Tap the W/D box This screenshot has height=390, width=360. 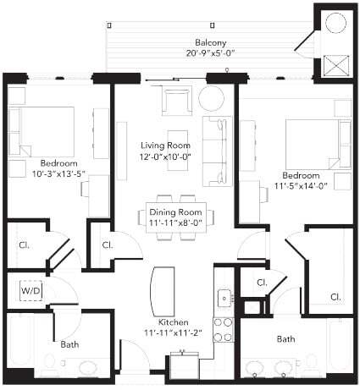coord(30,293)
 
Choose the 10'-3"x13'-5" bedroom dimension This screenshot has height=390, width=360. coord(47,174)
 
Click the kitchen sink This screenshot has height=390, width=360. coord(224,298)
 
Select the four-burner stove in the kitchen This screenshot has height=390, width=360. coord(224,330)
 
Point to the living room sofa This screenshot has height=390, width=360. coord(216,152)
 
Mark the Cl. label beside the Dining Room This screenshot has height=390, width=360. coord(108,245)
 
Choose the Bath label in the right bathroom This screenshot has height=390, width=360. coord(285,339)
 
